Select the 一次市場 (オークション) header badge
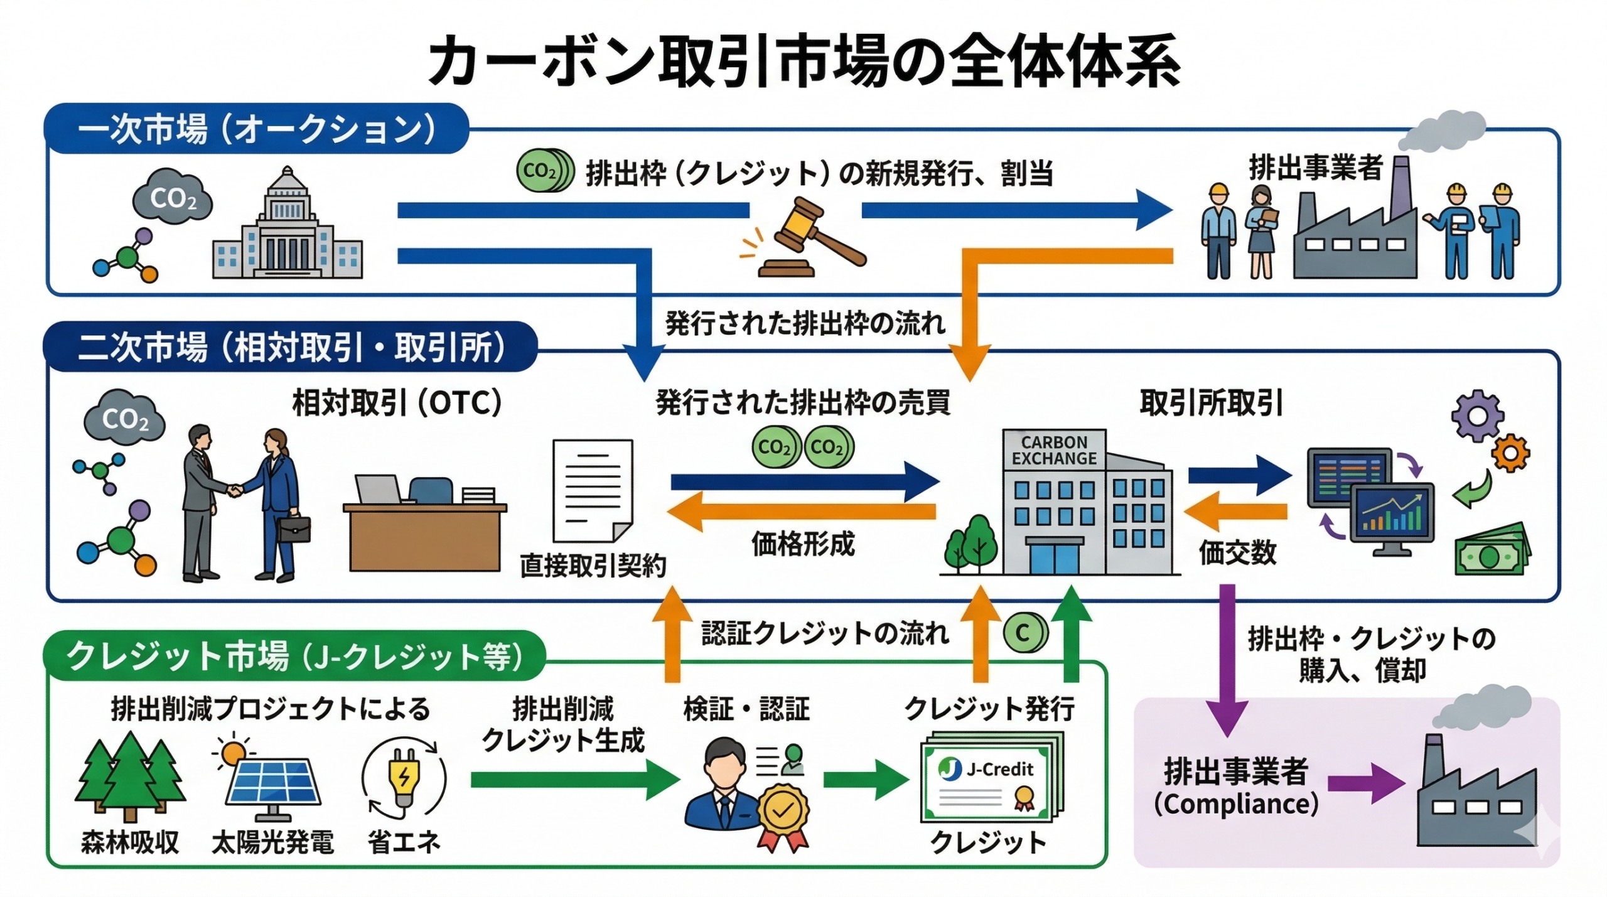(256, 129)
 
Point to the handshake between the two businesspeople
(234, 490)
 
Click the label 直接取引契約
(593, 566)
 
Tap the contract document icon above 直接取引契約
(592, 490)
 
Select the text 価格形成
(803, 544)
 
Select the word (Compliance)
(1236, 804)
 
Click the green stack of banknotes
(1491, 551)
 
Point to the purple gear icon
(1476, 415)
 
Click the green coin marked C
(1023, 633)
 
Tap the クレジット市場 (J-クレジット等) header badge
(294, 656)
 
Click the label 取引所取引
(1211, 403)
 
